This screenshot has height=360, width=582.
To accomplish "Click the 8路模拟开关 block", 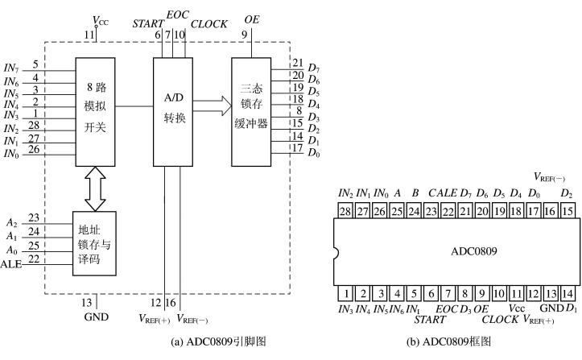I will [x=96, y=109].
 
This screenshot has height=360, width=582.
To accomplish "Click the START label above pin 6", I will [x=147, y=25].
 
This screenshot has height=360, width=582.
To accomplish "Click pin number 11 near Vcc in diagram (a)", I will [x=90, y=35].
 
